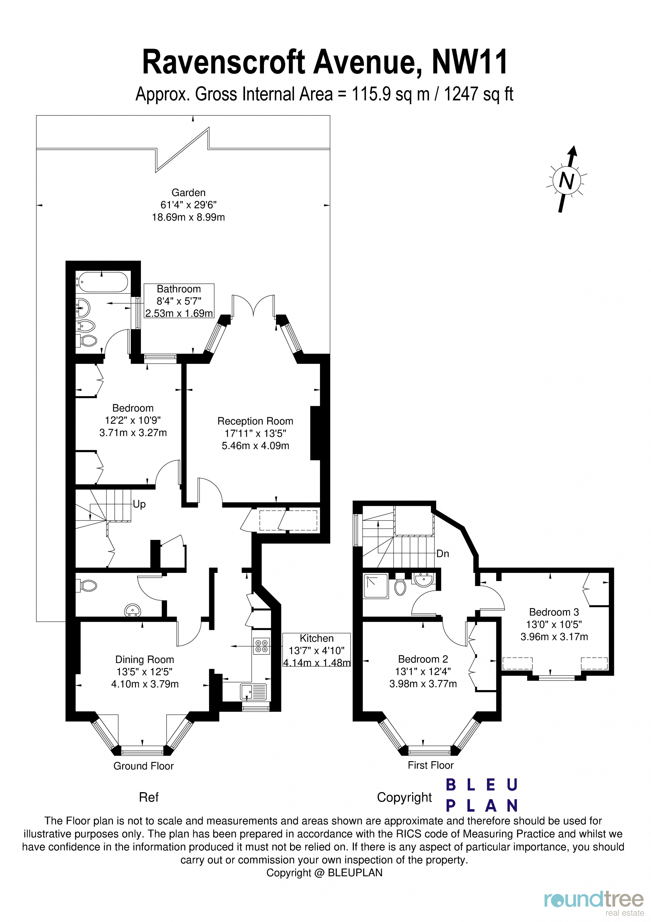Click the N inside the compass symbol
[566, 181]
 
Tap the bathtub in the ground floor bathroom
[102, 282]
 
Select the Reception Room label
[255, 421]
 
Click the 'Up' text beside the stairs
[139, 504]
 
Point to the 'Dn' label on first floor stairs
[442, 554]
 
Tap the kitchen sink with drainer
[253, 691]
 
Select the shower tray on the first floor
[375, 586]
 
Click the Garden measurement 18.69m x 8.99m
[188, 217]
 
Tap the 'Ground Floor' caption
[143, 766]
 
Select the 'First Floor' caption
[430, 765]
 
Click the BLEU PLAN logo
[482, 795]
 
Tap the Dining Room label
[145, 660]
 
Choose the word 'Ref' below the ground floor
[148, 797]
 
